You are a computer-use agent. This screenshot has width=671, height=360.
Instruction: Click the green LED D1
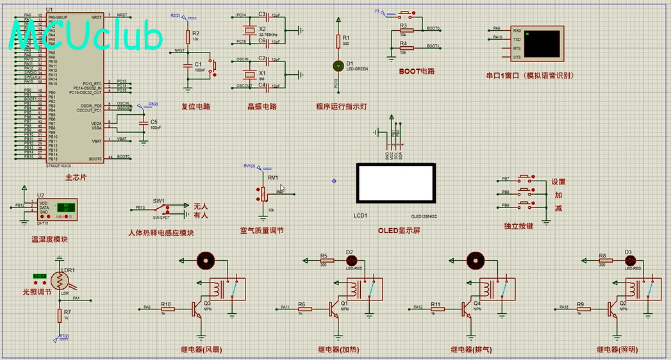click(x=338, y=65)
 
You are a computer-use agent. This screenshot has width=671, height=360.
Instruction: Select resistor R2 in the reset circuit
click(x=188, y=37)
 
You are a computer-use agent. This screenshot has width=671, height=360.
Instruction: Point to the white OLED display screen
click(x=397, y=184)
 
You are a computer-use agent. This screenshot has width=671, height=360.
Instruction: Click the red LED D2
click(x=351, y=260)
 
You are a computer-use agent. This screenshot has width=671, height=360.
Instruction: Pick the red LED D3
click(x=629, y=260)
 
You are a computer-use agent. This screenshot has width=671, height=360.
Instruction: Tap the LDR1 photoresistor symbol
click(x=60, y=280)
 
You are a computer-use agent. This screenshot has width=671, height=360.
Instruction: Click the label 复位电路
click(x=195, y=107)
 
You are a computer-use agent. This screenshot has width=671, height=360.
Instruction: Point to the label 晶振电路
click(x=262, y=107)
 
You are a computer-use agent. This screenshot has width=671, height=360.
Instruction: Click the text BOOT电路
click(x=417, y=72)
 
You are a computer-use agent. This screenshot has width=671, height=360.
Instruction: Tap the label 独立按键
click(x=518, y=226)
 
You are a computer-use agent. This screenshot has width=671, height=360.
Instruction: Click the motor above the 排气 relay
click(x=475, y=260)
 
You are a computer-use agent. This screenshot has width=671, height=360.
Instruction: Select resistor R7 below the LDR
click(x=59, y=315)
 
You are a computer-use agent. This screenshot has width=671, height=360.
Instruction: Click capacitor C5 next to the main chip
click(x=144, y=122)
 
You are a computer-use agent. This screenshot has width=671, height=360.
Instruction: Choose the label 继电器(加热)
click(x=339, y=350)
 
